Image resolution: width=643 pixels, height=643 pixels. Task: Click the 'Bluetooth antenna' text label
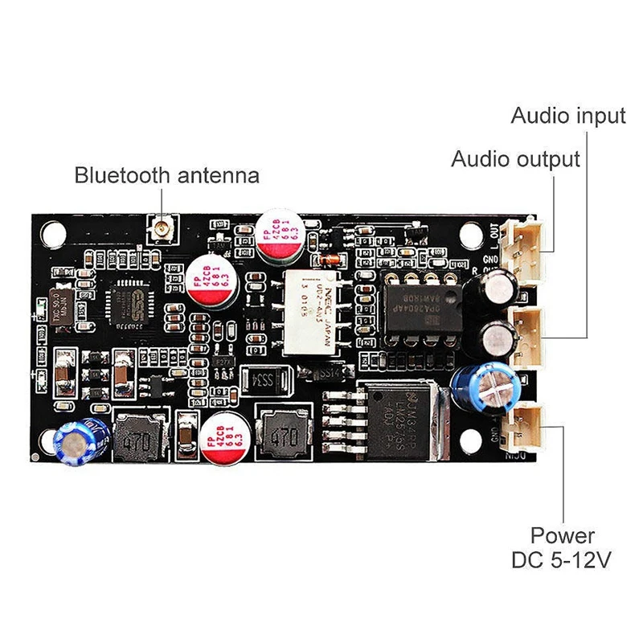click(x=167, y=174)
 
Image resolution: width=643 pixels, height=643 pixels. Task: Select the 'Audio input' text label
click(x=567, y=116)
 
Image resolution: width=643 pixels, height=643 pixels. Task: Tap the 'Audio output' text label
click(x=515, y=158)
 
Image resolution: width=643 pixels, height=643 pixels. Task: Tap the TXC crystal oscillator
click(x=50, y=309)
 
